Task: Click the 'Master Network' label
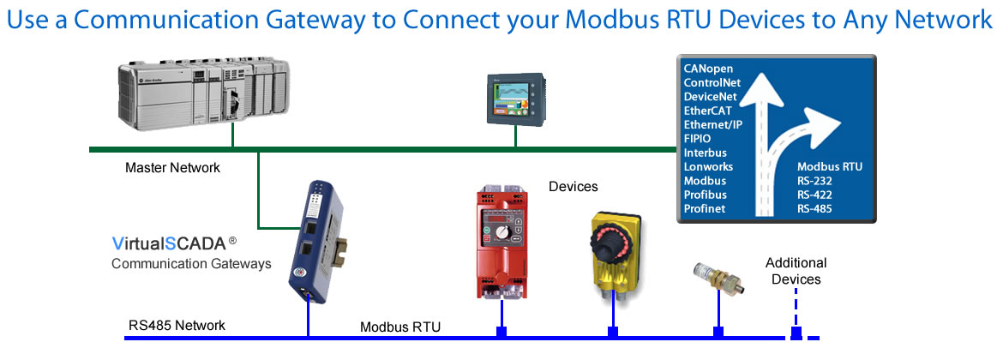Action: click(x=172, y=168)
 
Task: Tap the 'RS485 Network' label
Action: click(x=177, y=325)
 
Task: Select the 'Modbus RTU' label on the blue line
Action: click(x=399, y=327)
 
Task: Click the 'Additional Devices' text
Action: click(x=796, y=271)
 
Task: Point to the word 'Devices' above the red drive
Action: click(x=573, y=186)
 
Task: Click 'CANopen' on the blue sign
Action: click(x=708, y=68)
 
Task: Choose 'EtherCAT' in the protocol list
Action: click(x=709, y=111)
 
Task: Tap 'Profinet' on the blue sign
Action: click(x=706, y=208)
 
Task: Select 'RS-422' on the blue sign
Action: click(x=815, y=195)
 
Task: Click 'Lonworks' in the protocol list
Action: click(x=708, y=166)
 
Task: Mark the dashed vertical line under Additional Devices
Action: click(x=796, y=309)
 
